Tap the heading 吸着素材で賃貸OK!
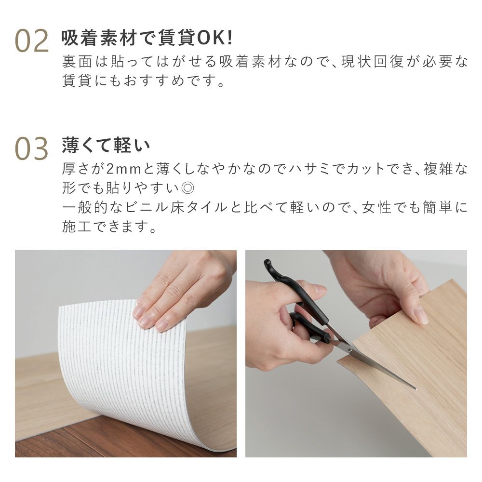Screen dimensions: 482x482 click(x=147, y=39)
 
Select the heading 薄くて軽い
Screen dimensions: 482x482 click(x=106, y=145)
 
